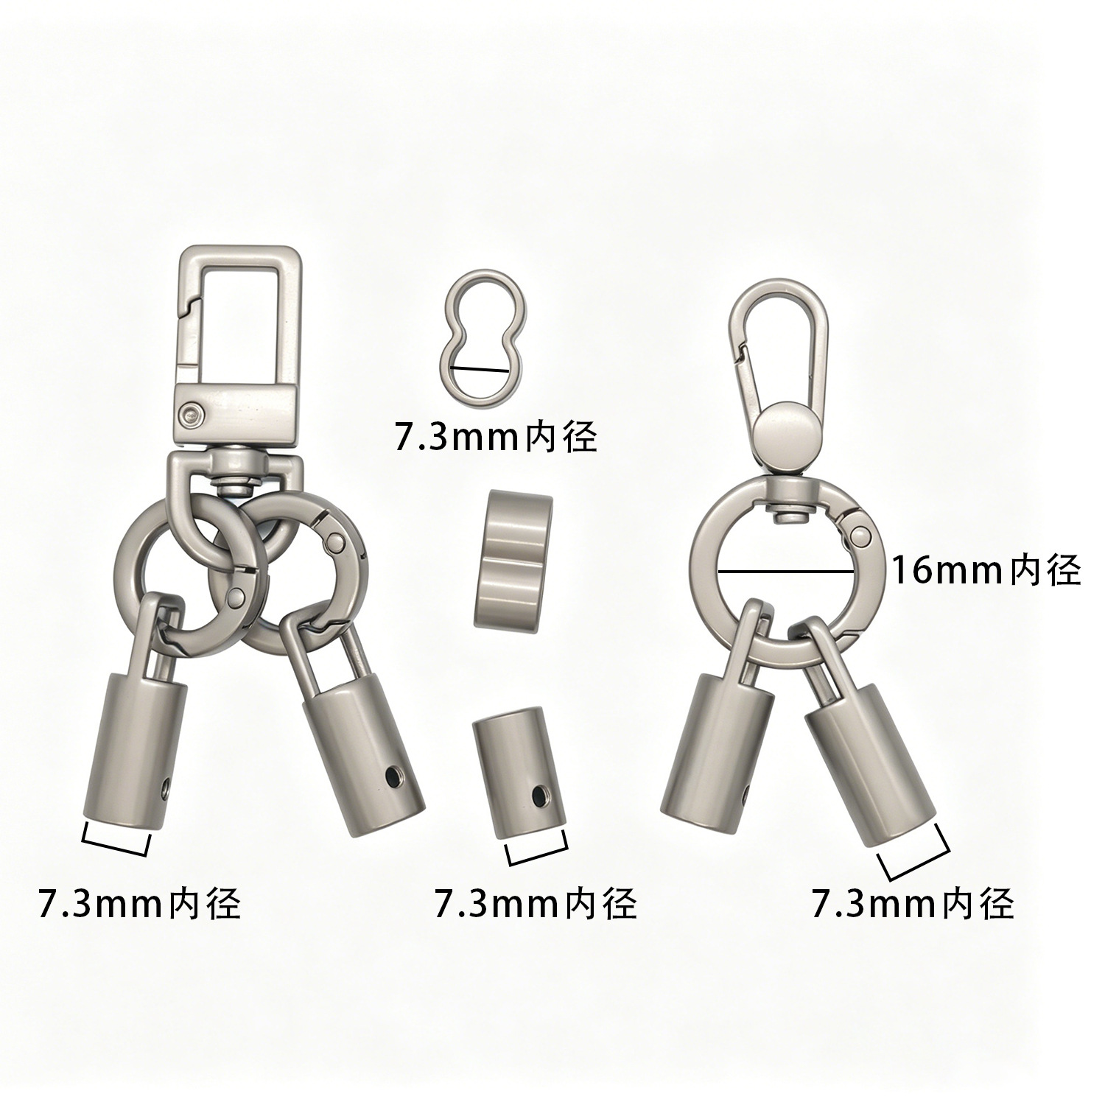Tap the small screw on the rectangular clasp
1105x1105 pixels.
(193, 413)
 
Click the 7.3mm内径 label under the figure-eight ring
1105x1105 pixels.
(495, 438)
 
